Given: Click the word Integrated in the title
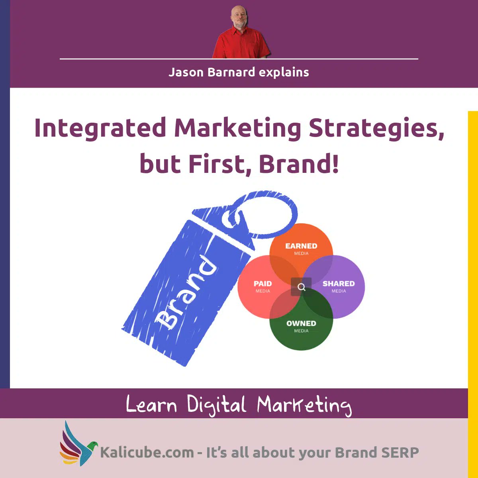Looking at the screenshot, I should click(x=100, y=128).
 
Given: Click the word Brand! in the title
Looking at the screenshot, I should click(x=299, y=164).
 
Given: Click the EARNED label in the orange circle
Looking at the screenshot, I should click(x=301, y=246).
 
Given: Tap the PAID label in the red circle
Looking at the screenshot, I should click(x=263, y=284).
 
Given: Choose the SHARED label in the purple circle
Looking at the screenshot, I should click(x=339, y=284).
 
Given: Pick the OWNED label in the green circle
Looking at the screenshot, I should click(x=301, y=323).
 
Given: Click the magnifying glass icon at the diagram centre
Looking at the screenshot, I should click(x=302, y=287).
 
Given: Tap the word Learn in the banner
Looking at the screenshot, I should click(x=151, y=405).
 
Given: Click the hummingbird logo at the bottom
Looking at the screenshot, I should click(x=78, y=444).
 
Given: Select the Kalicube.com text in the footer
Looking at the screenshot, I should click(x=147, y=453).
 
